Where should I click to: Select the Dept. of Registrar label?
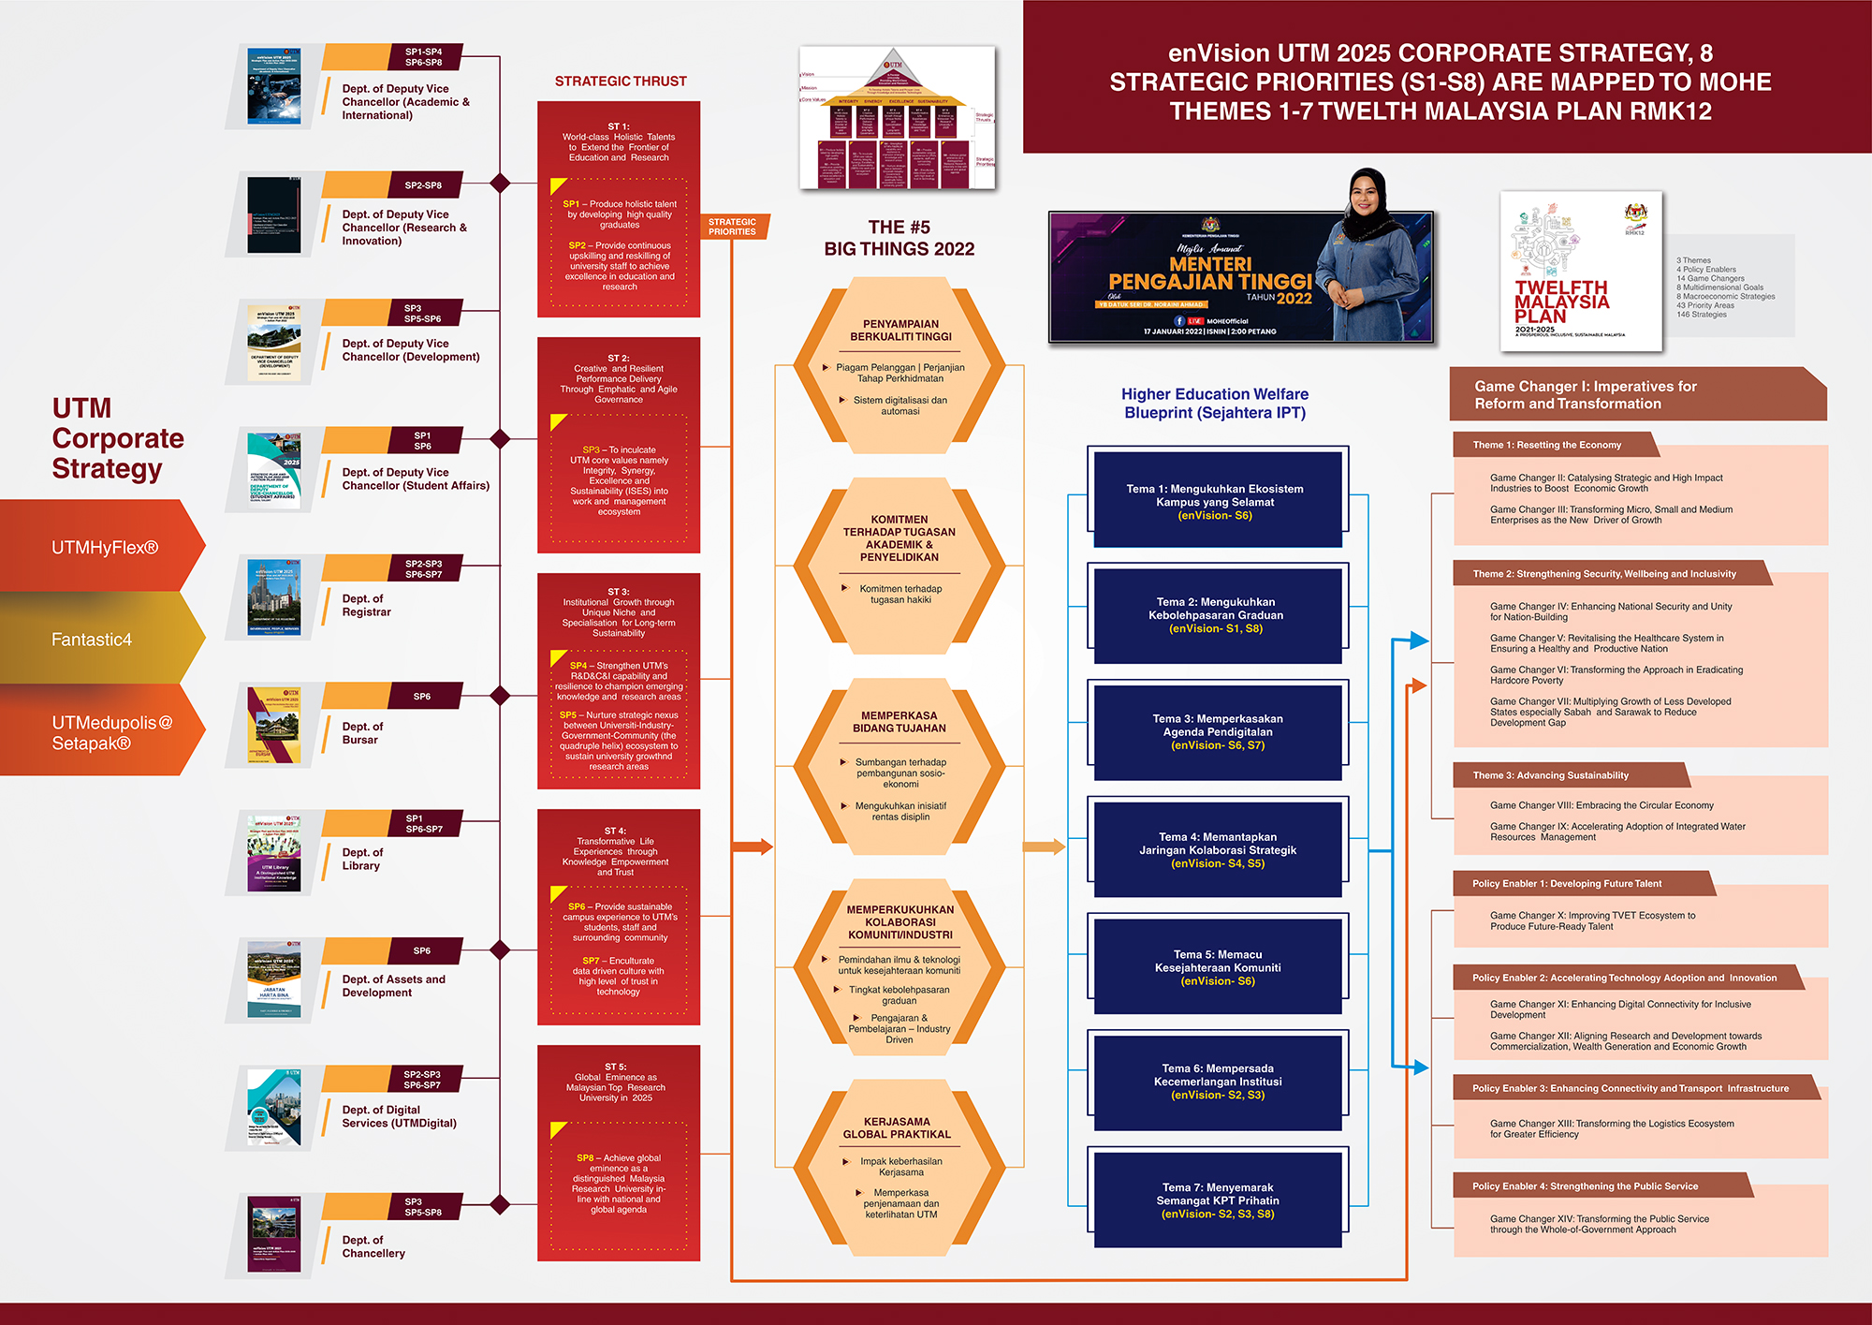(366, 605)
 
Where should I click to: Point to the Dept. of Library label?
(362, 859)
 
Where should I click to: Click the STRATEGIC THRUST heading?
(621, 81)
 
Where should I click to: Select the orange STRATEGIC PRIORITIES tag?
(733, 227)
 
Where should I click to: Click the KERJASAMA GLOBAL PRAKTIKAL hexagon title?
(897, 1127)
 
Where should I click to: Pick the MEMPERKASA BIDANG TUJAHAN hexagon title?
(899, 721)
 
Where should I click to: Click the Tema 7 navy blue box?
(1217, 1200)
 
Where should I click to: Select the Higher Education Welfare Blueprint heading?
(1215, 404)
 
